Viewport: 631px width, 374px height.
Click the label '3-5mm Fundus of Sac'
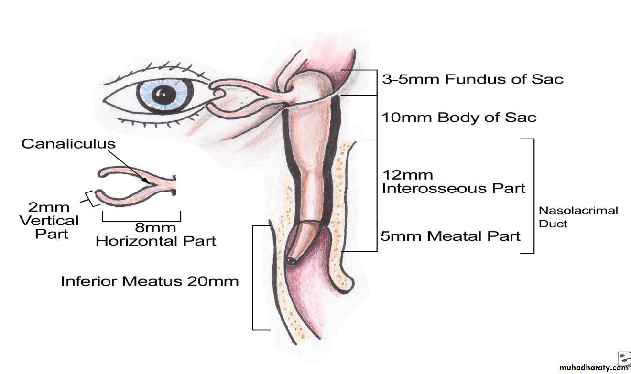[472, 79]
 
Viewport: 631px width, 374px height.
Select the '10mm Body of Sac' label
[458, 117]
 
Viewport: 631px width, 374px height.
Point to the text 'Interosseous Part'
[453, 188]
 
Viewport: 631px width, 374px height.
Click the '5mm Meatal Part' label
[450, 235]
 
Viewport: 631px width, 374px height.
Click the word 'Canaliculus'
[68, 143]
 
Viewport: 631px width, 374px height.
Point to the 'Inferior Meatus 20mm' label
[150, 281]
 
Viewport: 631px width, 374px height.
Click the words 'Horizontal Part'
[156, 241]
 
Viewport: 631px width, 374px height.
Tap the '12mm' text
[407, 175]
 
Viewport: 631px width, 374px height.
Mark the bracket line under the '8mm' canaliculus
[141, 221]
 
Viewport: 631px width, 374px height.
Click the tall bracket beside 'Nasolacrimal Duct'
[533, 196]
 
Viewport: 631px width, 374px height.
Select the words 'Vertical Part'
[50, 227]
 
